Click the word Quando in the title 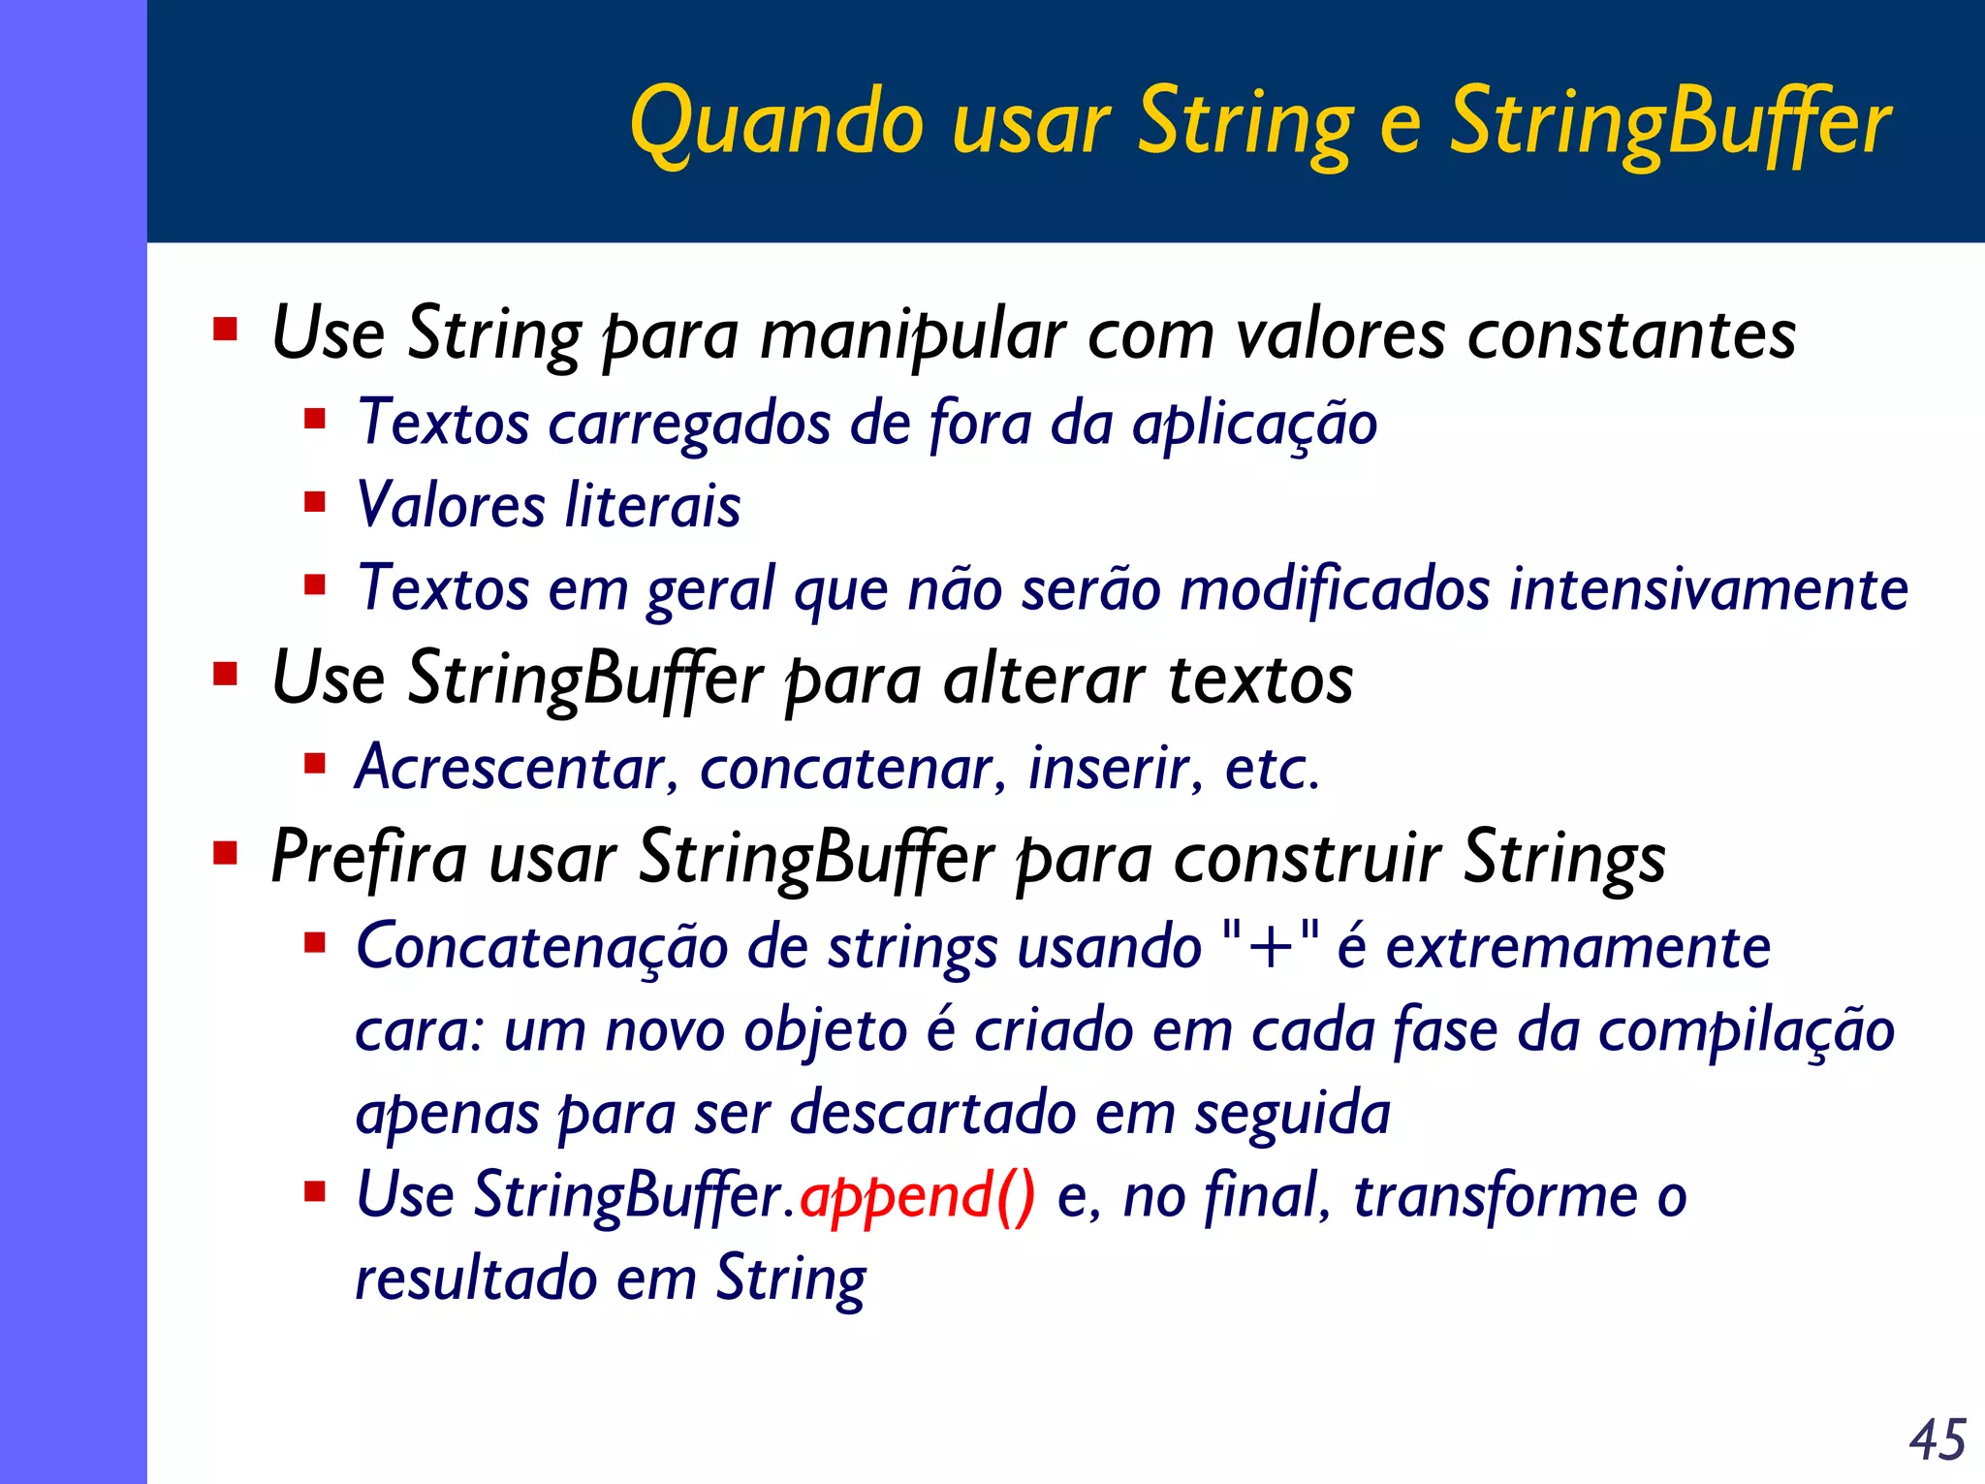pos(776,123)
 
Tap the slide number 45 pos(1938,1439)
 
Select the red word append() pos(917,1196)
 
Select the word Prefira pos(369,858)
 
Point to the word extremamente pos(1578,947)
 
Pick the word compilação pos(1746,1030)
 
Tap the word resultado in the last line pos(475,1279)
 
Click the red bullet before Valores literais pos(314,502)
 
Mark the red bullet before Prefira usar pos(226,854)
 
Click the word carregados pos(689,424)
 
